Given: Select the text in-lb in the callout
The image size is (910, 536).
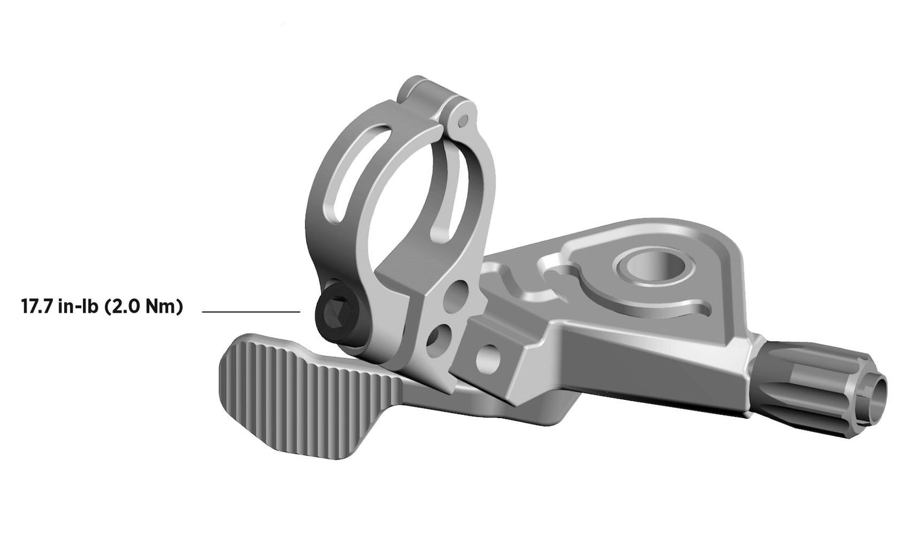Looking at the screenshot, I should click(79, 308).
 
